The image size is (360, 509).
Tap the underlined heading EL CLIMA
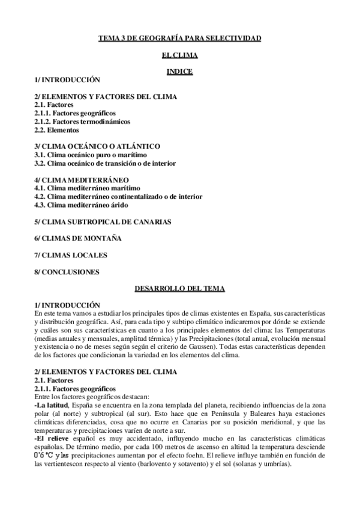tap(180, 55)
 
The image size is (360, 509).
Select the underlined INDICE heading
tap(180, 71)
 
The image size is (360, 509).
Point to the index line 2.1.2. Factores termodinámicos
tap(82, 121)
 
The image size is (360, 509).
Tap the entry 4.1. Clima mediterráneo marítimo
tap(91, 188)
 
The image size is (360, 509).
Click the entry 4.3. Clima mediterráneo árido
tap(86, 205)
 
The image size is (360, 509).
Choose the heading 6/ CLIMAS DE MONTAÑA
tap(78, 238)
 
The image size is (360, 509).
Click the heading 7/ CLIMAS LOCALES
tap(71, 255)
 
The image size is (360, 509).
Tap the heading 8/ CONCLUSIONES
tap(67, 272)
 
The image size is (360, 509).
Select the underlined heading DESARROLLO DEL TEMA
tap(180, 289)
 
